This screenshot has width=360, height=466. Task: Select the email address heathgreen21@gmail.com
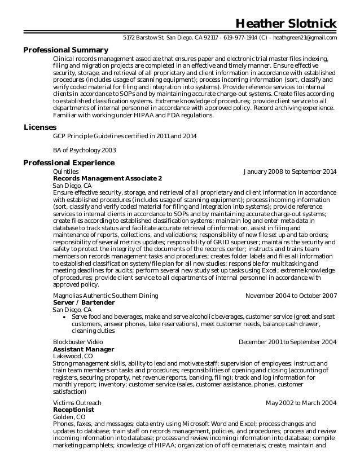coord(306,38)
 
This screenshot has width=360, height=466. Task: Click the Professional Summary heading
coord(65,50)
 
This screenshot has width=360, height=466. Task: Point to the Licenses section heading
coord(40,128)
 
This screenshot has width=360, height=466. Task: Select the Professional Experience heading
coord(69,163)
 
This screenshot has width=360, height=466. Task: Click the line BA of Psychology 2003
coord(84,150)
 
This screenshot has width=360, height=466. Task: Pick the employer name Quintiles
coord(65,171)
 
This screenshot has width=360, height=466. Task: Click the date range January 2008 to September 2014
coord(290,171)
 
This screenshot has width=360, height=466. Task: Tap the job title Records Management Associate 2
coord(107,178)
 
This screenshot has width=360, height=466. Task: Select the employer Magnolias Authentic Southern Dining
coord(106,296)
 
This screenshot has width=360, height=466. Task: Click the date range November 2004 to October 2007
coord(291,296)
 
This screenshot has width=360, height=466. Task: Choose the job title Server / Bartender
coord(84,303)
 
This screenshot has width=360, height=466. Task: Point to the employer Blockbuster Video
coord(78,342)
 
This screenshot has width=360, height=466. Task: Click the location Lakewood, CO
coord(73,357)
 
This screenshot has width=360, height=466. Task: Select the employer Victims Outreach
coord(77,403)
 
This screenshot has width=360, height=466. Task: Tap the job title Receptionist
coord(73,410)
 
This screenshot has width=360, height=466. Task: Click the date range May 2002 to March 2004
coord(301,403)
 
